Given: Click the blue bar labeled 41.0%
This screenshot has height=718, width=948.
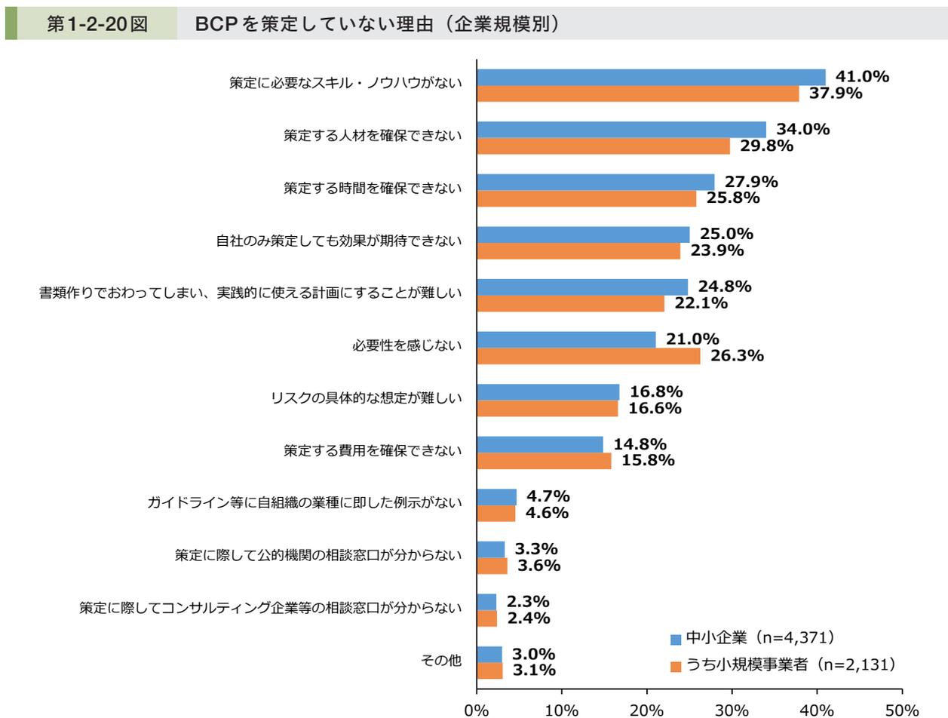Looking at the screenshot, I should tap(651, 77).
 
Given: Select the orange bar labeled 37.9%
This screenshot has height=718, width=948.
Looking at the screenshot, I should tap(638, 94).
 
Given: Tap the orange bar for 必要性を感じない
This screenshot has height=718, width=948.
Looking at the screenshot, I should tap(588, 356).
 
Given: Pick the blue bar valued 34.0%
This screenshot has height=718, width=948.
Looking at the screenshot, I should tap(621, 129).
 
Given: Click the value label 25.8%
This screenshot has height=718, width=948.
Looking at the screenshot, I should tap(732, 198).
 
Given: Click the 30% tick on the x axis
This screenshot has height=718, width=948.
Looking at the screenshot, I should tap(732, 710).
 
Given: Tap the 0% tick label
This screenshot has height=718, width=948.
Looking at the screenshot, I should tap(477, 710).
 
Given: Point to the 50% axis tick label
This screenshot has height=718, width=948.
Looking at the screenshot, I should tap(901, 710).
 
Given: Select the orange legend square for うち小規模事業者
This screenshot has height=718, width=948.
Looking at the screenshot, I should tap(676, 666).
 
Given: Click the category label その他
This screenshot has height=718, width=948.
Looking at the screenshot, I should tap(441, 661).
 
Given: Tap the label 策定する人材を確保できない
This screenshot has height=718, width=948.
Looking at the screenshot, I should tap(373, 136).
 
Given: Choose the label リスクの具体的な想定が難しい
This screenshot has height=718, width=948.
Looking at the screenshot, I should tap(367, 398).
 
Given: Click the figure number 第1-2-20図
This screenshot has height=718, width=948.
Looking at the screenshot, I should tap(97, 23).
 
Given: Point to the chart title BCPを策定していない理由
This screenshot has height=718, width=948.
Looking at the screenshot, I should tap(377, 23).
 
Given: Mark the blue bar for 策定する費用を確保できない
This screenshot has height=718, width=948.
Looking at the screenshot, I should tap(540, 444).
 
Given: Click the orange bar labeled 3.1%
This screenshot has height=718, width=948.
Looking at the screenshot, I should tap(489, 670).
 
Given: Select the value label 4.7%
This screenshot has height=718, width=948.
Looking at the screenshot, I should tap(548, 496).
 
